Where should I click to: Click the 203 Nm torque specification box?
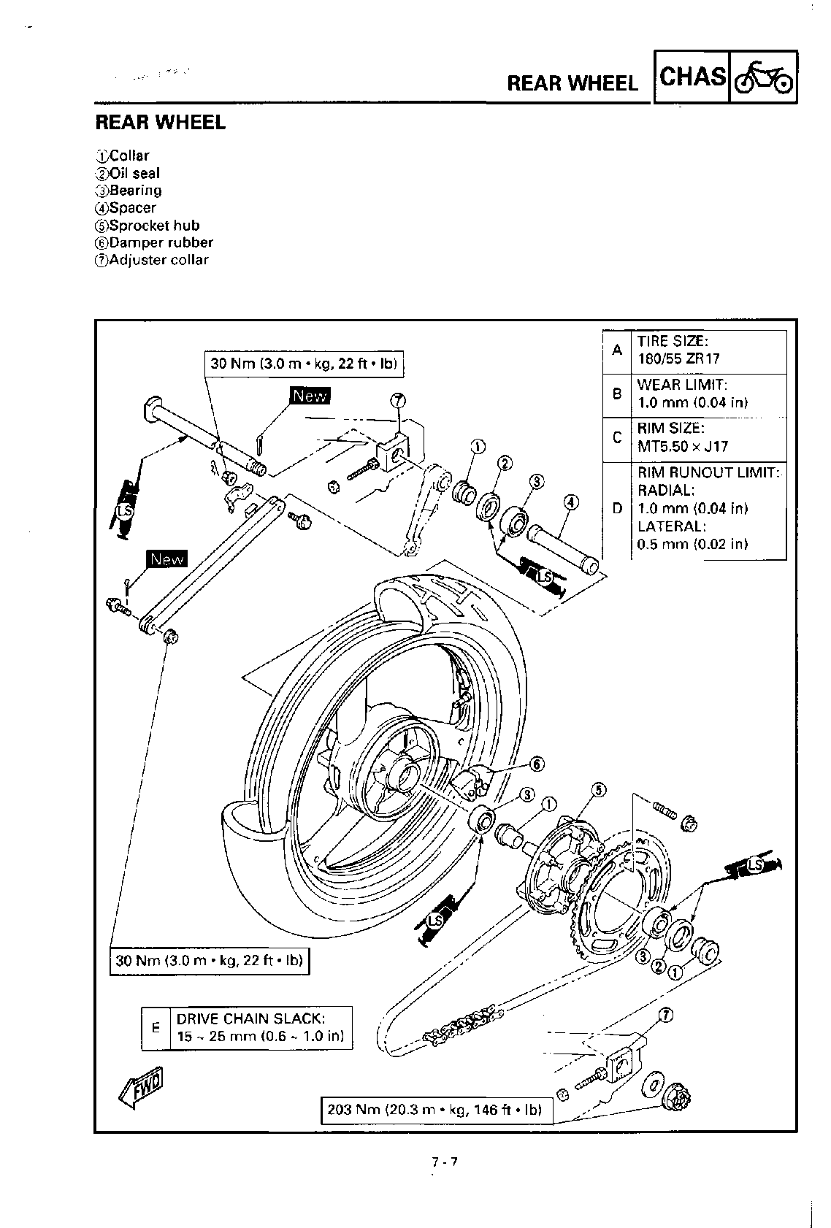click(436, 1110)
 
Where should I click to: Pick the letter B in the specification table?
click(617, 394)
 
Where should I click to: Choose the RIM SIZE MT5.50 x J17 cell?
click(708, 437)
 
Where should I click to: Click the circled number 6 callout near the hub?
click(537, 764)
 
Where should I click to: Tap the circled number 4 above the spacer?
click(571, 502)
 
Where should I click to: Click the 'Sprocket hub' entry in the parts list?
click(153, 226)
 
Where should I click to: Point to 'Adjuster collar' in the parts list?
click(158, 260)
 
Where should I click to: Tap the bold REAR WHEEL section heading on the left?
click(161, 123)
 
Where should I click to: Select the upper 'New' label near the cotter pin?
click(310, 396)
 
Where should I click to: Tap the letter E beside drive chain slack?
click(155, 1027)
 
